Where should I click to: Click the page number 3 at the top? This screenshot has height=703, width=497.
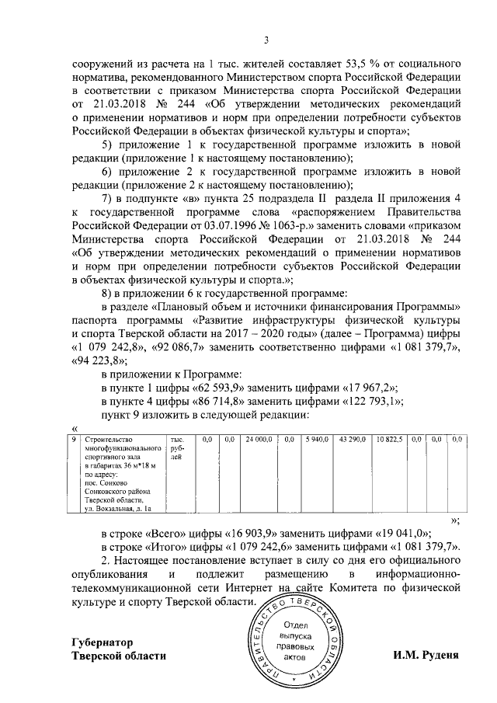pos(266,40)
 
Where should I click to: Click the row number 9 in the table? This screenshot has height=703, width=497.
pos(74,440)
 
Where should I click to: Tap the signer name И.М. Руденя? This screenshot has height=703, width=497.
pos(426,655)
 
